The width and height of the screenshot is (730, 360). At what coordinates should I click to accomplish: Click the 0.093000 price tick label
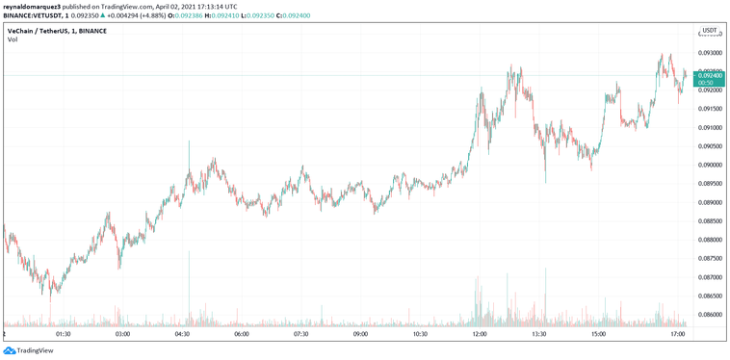710,53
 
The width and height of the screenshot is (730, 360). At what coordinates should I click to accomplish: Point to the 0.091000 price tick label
710,127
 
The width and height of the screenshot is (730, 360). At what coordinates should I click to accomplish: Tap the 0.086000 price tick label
710,315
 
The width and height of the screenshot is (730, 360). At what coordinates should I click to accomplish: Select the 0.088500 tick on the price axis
710,220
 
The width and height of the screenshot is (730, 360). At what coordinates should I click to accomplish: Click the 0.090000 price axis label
710,165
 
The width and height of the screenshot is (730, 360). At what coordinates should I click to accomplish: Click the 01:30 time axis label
64,334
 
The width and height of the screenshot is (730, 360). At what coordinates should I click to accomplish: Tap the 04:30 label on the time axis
182,334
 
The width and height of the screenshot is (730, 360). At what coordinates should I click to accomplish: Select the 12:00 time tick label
480,334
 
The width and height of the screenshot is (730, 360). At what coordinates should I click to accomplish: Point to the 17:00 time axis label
677,334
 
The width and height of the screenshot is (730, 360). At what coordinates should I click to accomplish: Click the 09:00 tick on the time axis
360,334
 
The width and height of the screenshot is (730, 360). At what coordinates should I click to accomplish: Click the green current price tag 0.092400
710,75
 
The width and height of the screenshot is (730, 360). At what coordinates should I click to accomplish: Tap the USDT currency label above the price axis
710,31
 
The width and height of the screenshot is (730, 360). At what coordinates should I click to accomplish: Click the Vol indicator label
13,40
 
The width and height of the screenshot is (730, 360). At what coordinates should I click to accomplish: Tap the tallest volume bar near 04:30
189,289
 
